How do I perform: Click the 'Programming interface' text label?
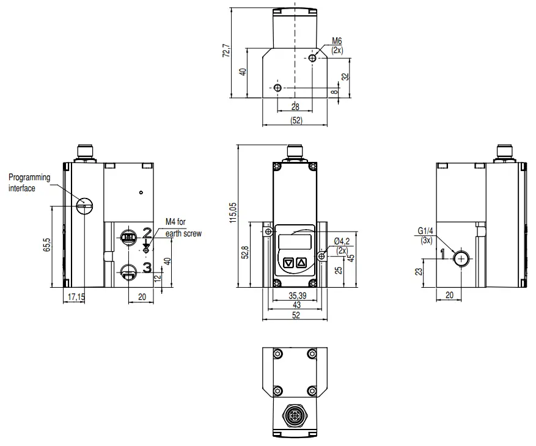coord(29,183)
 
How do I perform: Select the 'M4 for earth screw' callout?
coord(183,227)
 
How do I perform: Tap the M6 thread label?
coord(337,45)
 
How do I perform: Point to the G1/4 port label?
coord(425,235)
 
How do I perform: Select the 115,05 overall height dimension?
coord(232,214)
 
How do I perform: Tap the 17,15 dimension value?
coord(76,296)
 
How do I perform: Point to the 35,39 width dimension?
coord(297,296)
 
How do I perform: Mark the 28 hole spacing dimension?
coord(295,106)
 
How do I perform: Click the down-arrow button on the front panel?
coord(289,263)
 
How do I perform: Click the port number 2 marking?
coord(147,232)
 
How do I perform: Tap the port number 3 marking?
coord(147,267)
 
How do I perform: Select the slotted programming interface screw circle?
coord(85,206)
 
